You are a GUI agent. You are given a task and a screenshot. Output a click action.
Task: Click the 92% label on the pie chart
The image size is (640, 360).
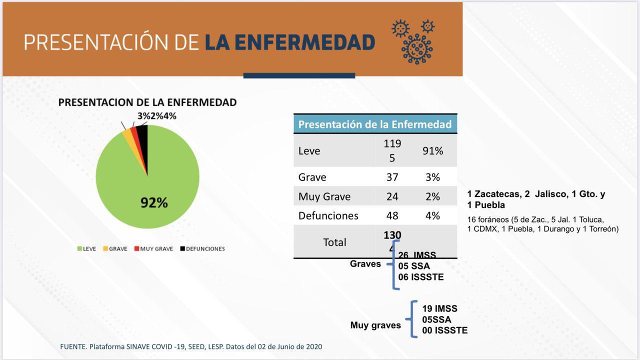click(154, 202)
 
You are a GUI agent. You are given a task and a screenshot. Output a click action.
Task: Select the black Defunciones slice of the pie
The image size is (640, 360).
click(143, 140)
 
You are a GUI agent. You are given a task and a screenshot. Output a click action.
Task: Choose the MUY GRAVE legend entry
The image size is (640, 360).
click(153, 248)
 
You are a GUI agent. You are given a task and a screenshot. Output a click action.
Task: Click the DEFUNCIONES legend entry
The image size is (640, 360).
click(202, 248)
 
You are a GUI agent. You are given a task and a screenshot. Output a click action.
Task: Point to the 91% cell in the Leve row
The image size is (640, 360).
click(432, 150)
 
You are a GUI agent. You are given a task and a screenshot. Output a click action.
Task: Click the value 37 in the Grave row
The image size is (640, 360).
click(392, 177)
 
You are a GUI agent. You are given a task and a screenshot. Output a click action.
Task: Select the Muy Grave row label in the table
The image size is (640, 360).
click(324, 196)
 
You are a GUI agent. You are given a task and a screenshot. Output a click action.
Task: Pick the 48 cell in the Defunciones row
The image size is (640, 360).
click(392, 216)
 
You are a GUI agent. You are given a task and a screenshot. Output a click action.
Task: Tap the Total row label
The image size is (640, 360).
click(334, 242)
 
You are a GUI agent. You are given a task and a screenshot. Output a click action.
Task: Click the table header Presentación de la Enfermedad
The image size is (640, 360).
click(375, 124)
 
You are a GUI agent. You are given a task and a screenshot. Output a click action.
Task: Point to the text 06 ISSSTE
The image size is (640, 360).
click(420, 277)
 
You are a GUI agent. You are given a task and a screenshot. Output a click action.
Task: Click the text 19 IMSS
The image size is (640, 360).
click(439, 308)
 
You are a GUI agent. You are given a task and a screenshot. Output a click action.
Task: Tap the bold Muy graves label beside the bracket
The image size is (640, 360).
click(375, 325)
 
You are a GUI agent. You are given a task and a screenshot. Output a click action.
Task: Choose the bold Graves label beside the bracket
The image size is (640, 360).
click(365, 263)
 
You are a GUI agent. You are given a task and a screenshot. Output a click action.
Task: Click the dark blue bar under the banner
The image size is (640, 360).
click(299, 76)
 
